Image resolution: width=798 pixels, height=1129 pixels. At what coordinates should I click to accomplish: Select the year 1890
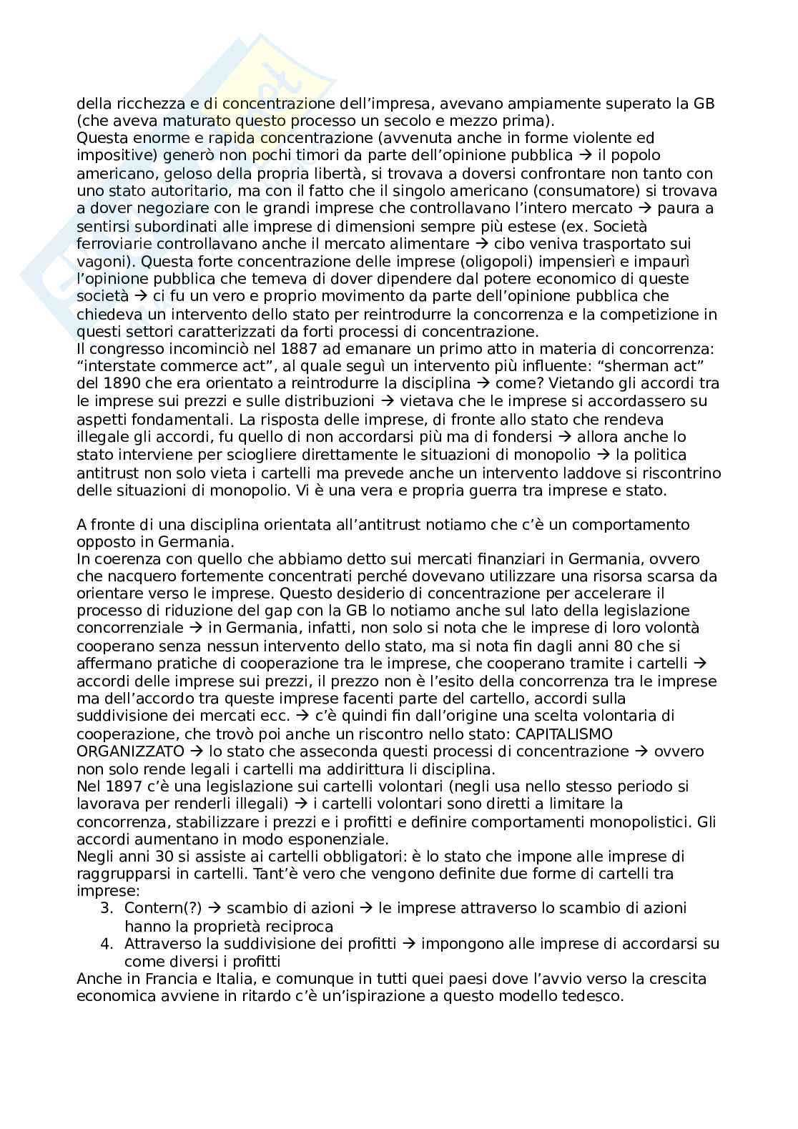click(x=119, y=384)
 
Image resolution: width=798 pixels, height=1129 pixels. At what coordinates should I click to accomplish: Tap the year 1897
click(x=118, y=787)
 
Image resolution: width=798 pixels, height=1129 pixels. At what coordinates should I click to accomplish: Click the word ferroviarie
click(x=111, y=244)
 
